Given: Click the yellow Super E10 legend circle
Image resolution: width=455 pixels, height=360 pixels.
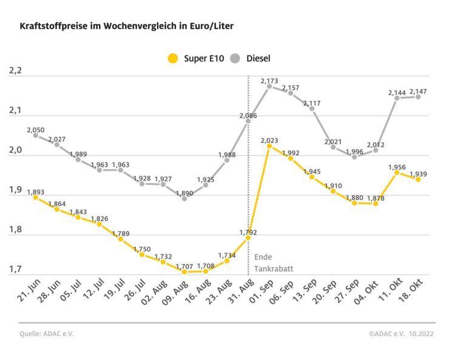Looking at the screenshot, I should pyautogui.click(x=173, y=59).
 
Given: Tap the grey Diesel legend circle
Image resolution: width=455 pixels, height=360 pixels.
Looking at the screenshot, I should pyautogui.click(x=235, y=59).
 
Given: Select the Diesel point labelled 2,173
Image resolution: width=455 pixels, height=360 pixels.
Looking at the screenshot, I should pyautogui.click(x=269, y=86).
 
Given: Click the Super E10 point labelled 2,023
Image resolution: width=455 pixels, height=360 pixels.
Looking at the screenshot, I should pyautogui.click(x=269, y=146).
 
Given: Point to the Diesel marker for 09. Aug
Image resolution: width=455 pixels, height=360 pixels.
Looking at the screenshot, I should pyautogui.click(x=184, y=198).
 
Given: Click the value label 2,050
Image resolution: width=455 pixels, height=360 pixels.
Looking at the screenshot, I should pyautogui.click(x=36, y=130).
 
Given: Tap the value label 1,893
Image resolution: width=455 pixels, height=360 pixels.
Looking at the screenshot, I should pyautogui.click(x=36, y=191).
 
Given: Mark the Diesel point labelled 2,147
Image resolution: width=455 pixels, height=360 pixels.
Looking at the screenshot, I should pyautogui.click(x=418, y=96).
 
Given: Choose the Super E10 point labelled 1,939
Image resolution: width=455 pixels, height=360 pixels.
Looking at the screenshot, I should pyautogui.click(x=418, y=179).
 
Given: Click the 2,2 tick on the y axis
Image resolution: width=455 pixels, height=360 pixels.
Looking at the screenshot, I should pyautogui.click(x=15, y=72).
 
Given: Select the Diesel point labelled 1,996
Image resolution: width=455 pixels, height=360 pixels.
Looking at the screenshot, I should pyautogui.click(x=354, y=157).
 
